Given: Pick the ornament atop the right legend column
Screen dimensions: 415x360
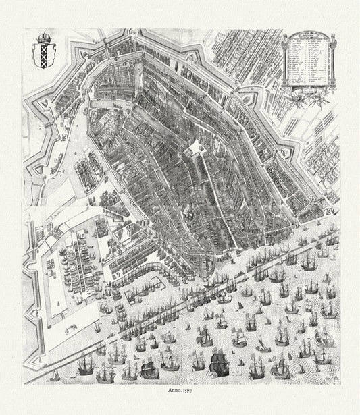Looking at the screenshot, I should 332,36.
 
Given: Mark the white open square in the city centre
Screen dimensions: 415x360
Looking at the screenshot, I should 195,147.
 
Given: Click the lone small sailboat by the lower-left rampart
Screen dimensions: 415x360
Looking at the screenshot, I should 55,375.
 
